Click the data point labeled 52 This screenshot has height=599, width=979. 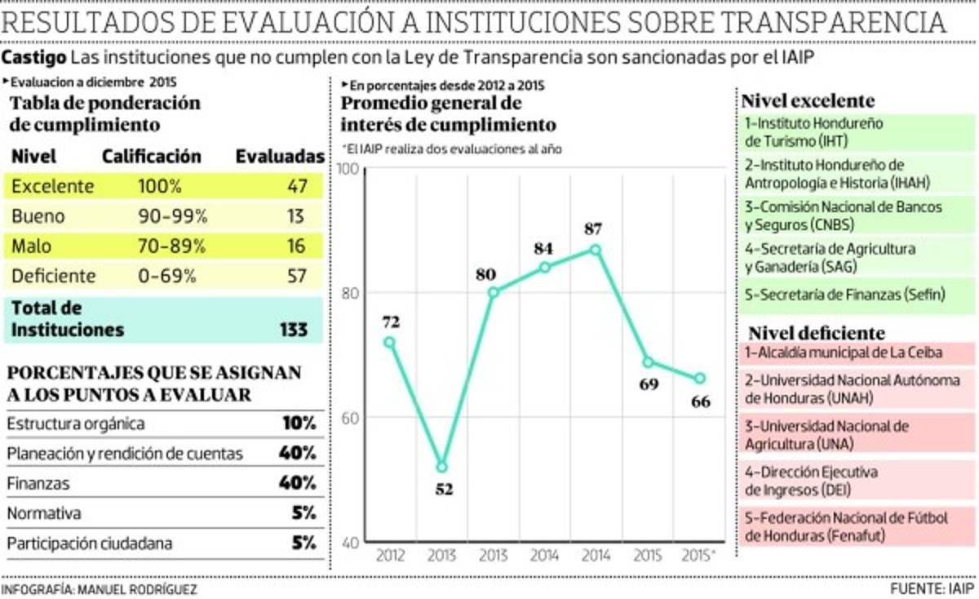(x=441, y=467)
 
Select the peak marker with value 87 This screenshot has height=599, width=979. (x=596, y=250)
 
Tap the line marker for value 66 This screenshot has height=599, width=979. (x=699, y=378)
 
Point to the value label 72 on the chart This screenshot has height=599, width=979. (x=388, y=322)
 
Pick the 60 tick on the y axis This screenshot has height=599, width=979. (x=351, y=418)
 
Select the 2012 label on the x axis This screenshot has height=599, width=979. (x=389, y=556)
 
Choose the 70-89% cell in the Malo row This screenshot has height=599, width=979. (x=172, y=246)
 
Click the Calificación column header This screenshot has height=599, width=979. (x=151, y=156)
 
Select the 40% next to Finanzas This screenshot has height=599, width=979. (x=297, y=483)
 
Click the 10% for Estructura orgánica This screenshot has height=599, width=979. (x=297, y=424)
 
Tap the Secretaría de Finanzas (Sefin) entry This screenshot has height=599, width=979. (x=844, y=295)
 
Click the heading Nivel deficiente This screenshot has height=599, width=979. (x=816, y=333)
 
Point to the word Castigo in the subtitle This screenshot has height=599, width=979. (x=34, y=58)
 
